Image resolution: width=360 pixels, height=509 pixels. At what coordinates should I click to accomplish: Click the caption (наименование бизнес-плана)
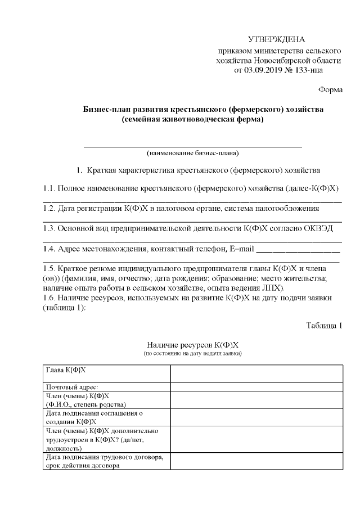tap(192, 153)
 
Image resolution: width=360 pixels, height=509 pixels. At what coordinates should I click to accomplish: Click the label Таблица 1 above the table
tap(324, 326)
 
